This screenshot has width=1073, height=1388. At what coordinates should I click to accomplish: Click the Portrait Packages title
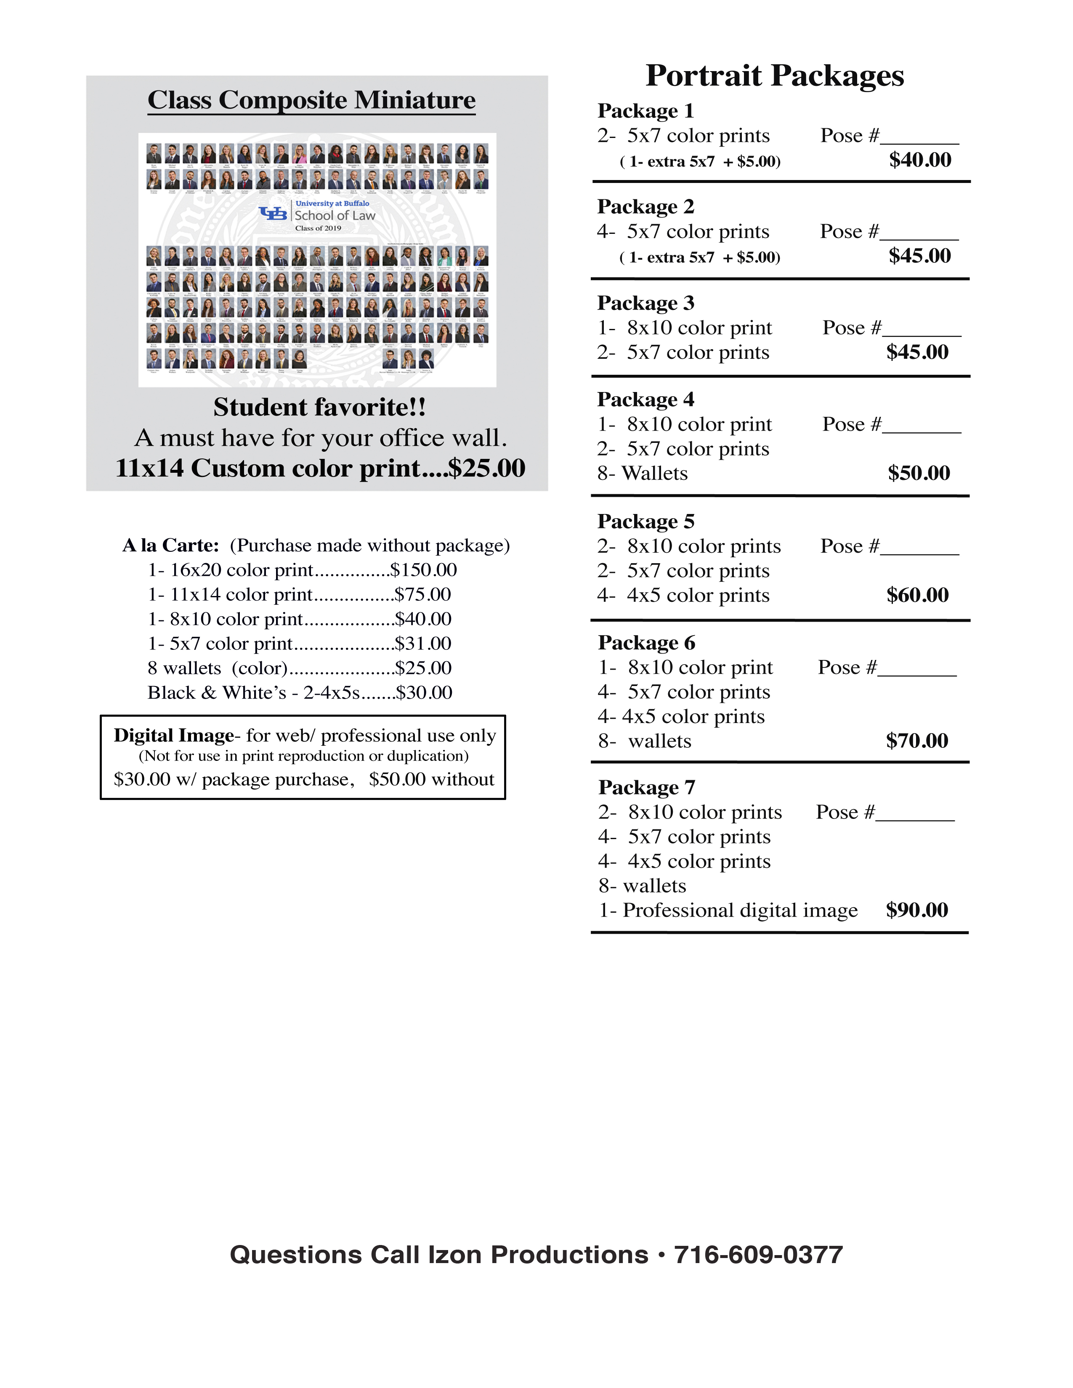pos(774,76)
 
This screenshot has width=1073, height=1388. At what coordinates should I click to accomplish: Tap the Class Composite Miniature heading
pos(311,101)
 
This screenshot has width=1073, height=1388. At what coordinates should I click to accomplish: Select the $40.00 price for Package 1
pos(920,159)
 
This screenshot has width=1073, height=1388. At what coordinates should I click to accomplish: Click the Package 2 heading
pos(645,207)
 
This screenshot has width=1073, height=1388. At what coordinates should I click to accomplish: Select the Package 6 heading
pos(646,643)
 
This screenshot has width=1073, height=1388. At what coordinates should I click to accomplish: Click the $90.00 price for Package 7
pos(916,910)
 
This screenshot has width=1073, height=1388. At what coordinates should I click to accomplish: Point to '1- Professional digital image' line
pos(728,910)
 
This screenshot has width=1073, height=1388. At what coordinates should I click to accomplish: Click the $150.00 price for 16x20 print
pos(423,570)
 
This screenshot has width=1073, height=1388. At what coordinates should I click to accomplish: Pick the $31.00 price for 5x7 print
pos(423,644)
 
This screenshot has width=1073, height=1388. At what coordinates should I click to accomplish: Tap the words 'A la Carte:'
pos(170,545)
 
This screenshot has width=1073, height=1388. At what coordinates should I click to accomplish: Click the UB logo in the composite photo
pos(274,214)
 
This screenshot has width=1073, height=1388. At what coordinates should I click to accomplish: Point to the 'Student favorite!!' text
pos(319,408)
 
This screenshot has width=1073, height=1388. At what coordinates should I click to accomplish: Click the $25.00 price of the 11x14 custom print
pos(486,469)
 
